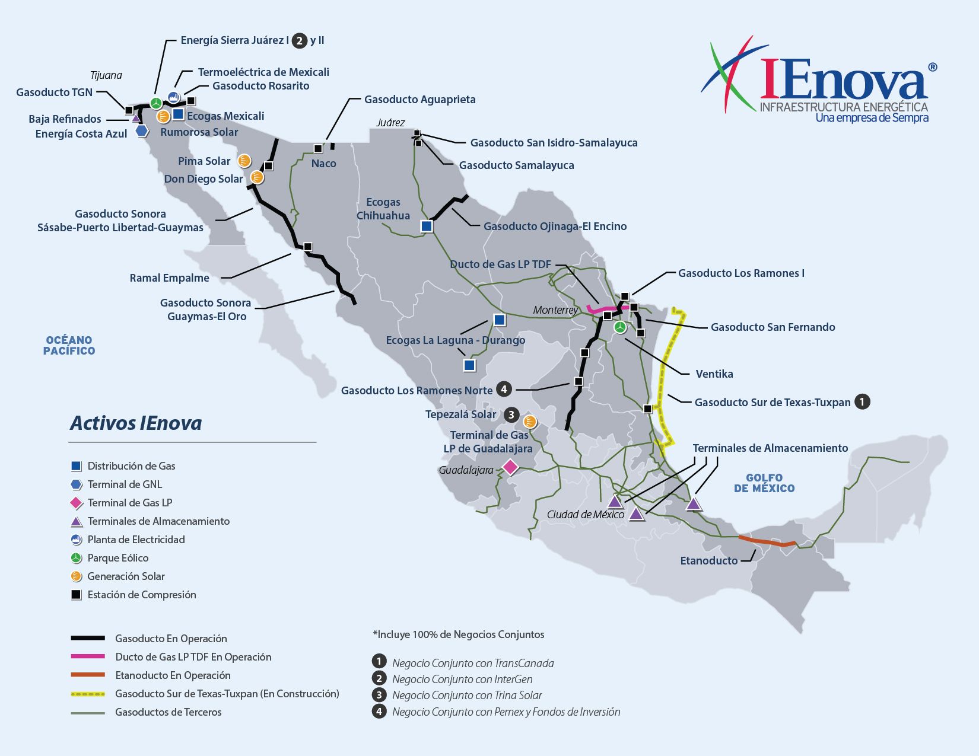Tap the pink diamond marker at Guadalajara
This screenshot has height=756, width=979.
coord(510,467)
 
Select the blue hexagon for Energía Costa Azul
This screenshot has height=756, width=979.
coord(141,131)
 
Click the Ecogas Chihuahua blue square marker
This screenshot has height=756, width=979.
coord(427,226)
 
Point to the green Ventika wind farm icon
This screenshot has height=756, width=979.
coord(619,327)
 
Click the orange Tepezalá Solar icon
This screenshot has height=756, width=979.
coord(530,422)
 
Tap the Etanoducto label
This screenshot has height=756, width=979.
coord(708,560)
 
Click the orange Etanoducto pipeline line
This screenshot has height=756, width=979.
coord(768,541)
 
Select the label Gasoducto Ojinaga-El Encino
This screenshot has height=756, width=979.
coord(555,226)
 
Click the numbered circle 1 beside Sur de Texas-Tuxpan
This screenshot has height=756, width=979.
coord(862,401)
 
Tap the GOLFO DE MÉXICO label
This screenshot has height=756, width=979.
coord(764,483)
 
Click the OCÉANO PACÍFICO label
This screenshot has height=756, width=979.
coord(69,345)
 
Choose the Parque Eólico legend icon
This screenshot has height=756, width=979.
coord(76,558)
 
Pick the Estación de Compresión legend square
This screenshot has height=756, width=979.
coord(76,595)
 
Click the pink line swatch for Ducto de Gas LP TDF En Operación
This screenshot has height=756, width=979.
coord(88,656)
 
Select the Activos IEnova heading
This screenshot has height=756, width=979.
coord(136,423)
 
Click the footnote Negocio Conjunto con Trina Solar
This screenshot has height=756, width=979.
coord(466,695)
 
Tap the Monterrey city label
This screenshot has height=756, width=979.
coord(555,310)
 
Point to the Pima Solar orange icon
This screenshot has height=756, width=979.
coord(244,160)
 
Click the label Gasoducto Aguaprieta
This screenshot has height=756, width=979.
coord(419,99)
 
